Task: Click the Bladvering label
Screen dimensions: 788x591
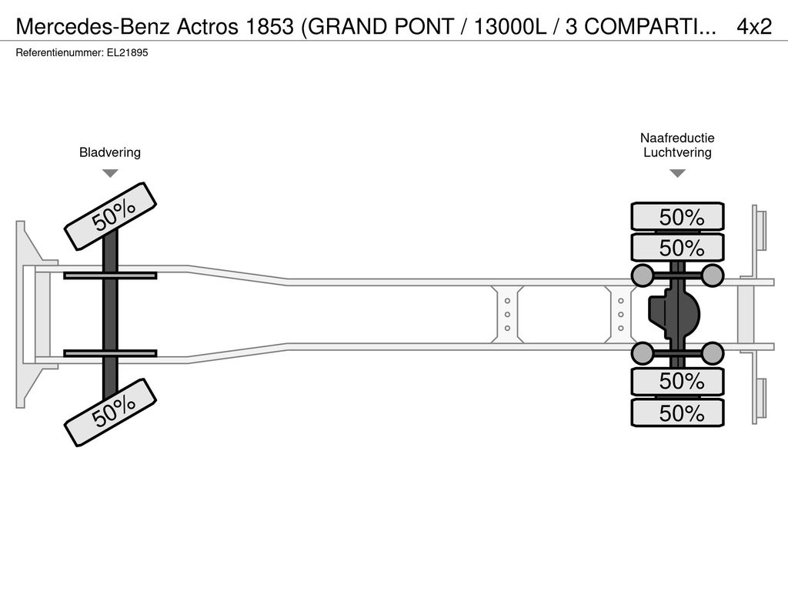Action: point(110,152)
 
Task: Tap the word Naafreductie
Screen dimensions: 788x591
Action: point(677,138)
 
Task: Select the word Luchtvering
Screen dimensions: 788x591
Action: point(677,152)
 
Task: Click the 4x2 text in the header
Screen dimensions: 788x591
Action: point(754,27)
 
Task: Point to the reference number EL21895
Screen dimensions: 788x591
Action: point(128,53)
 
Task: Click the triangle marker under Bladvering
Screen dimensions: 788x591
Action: point(110,173)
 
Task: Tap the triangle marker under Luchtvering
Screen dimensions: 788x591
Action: point(677,173)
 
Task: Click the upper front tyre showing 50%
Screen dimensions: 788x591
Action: point(111,216)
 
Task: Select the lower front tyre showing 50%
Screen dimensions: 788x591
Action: point(111,412)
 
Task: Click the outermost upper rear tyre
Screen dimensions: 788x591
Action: point(677,216)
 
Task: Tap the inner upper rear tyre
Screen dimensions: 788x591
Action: point(677,247)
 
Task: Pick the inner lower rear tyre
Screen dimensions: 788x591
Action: point(677,381)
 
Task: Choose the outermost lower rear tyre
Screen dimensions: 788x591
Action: point(677,412)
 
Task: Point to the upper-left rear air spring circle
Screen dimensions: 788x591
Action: point(642,275)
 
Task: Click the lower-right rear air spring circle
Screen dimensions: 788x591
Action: point(712,353)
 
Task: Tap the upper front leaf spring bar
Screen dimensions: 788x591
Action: point(110,275)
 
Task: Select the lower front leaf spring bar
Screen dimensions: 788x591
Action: point(110,353)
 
